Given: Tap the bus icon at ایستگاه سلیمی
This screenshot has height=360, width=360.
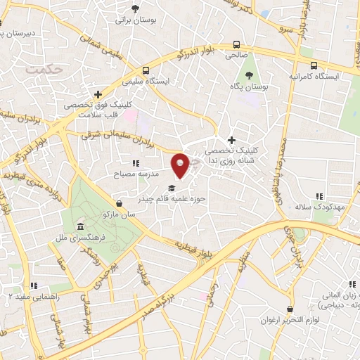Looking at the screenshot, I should [146, 70].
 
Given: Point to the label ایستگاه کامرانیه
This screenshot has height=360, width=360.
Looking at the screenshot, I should [314, 75].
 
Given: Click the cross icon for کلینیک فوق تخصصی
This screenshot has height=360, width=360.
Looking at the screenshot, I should [98, 94].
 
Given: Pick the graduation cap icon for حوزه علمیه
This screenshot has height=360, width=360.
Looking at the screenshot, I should [172, 188].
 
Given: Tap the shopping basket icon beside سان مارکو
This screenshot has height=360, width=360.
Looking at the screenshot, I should [119, 203].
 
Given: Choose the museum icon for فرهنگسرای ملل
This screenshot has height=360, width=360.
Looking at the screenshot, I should [82, 227].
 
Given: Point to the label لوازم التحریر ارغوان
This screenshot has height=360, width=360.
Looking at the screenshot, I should [290, 320].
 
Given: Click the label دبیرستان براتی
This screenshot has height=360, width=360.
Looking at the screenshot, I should [19, 33].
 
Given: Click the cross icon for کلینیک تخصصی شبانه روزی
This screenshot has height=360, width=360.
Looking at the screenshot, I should [231, 140].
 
